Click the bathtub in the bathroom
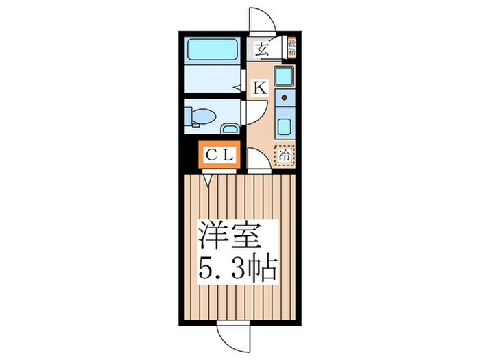213,51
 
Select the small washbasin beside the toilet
230,128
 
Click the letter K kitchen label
261,88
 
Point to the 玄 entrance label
262,49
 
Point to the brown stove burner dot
283,98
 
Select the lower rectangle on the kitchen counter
283,126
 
